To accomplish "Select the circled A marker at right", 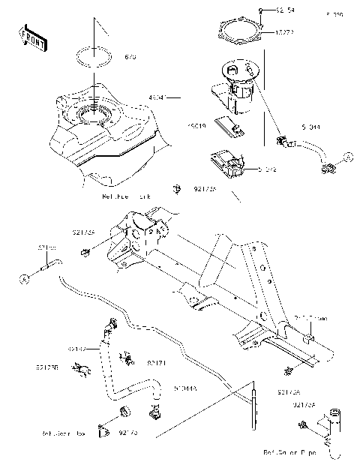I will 347,157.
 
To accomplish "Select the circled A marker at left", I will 25,278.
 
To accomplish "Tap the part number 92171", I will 156,363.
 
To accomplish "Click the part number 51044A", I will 185,389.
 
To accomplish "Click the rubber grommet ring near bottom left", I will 124,410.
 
